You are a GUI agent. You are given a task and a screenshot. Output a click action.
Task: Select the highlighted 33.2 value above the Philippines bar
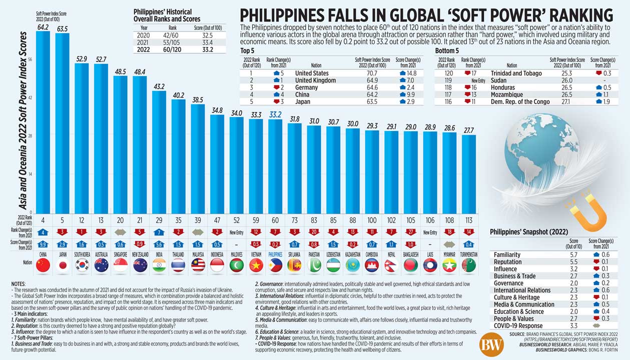tap(275, 114)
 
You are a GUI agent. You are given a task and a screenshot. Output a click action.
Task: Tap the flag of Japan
tap(63, 265)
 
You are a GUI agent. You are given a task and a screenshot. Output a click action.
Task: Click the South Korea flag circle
tap(82, 265)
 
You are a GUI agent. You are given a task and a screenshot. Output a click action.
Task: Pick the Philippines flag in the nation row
tap(275, 265)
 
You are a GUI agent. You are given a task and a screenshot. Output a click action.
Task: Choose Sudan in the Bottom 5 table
tap(499, 80)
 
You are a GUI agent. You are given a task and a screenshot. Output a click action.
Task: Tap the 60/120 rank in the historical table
tap(172, 49)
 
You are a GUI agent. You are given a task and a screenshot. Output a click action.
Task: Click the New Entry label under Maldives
tap(237, 232)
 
